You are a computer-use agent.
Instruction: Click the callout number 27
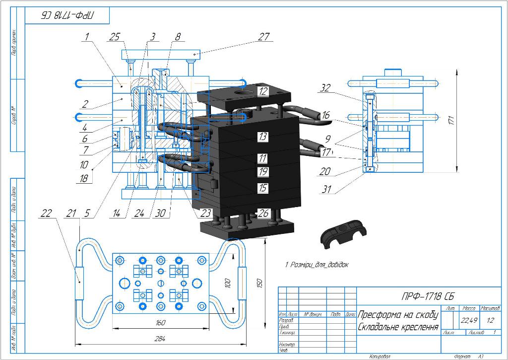coord(264,37)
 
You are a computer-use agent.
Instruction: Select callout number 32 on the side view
coord(325,88)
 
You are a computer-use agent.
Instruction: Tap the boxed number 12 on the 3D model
coord(263,91)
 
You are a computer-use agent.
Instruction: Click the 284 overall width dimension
coord(159,339)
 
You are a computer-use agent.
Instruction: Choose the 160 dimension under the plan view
coord(160,323)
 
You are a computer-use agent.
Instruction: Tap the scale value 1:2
coord(490,320)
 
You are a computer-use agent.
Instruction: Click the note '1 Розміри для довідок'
coord(317,265)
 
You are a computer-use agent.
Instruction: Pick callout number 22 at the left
coord(46,214)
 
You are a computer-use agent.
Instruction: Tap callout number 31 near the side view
coord(325,189)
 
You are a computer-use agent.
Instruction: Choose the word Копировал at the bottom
coord(380,356)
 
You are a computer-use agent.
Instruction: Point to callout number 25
coord(115,37)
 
